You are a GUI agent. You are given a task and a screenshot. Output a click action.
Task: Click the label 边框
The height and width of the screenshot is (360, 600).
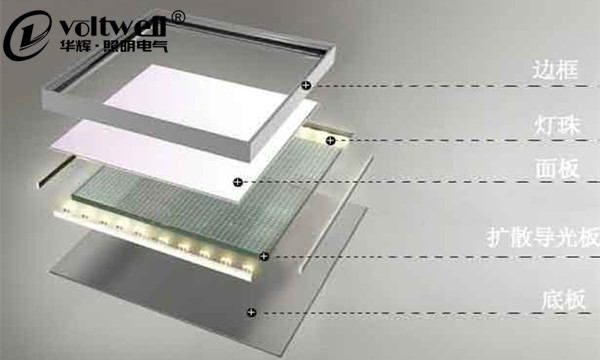(555, 69)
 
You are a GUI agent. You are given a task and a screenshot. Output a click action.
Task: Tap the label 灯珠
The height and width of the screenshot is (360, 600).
(557, 124)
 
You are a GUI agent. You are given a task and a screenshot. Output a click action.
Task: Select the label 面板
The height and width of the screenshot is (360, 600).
(557, 168)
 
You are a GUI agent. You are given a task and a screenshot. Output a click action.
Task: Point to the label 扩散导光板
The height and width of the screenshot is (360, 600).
(543, 237)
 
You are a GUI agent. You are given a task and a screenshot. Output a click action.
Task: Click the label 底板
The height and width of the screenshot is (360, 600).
(563, 300)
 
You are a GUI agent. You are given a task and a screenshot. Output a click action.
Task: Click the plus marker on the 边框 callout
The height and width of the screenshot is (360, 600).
(306, 85)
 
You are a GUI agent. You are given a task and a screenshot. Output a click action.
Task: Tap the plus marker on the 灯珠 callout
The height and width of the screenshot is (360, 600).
(330, 141)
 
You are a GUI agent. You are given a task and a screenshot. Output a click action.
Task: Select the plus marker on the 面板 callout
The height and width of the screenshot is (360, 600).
(238, 182)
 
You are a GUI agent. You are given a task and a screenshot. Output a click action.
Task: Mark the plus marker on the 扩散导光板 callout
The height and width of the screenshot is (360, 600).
(264, 256)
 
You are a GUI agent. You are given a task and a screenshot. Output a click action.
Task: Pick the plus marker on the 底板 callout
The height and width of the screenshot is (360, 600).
(251, 313)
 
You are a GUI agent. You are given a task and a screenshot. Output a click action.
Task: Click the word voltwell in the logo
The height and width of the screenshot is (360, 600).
(113, 26)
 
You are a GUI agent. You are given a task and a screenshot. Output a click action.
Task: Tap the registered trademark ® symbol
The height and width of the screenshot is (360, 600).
(178, 17)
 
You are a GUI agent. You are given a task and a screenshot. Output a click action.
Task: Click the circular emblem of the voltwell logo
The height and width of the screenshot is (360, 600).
(28, 35)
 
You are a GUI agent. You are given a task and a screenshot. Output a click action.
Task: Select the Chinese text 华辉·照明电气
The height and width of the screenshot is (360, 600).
(114, 46)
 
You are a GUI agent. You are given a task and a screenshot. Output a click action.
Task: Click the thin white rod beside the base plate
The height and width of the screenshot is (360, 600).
(336, 214)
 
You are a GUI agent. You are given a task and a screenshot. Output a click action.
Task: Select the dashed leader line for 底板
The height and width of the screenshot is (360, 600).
(425, 313)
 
